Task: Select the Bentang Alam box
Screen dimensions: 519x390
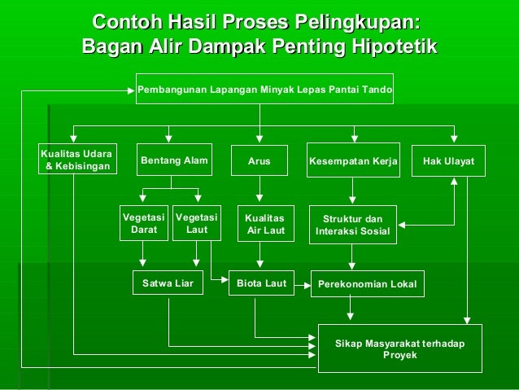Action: click(x=175, y=160)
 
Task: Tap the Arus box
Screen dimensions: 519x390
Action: click(x=259, y=161)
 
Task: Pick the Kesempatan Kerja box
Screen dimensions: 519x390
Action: click(x=353, y=161)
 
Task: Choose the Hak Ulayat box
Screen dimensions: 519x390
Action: click(x=448, y=161)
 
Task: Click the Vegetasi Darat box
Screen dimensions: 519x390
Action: click(x=144, y=224)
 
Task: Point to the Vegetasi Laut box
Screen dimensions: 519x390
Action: click(x=197, y=224)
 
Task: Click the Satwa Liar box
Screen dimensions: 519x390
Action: click(x=168, y=284)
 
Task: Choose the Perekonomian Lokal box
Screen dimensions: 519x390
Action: click(x=366, y=284)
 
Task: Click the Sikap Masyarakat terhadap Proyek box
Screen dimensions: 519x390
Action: click(x=400, y=349)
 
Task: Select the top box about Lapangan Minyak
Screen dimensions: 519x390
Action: click(x=264, y=89)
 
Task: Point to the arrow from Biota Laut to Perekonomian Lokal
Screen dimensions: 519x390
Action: click(x=303, y=285)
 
